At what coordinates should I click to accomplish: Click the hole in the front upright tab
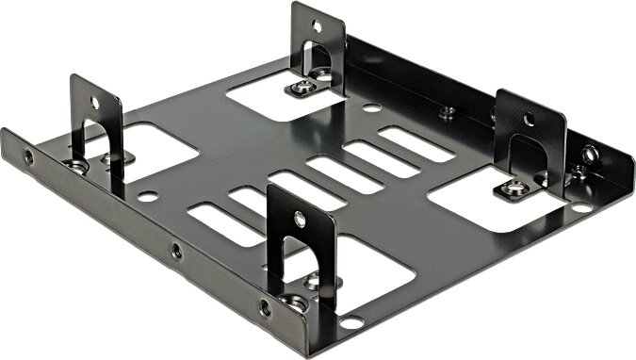point(300,219)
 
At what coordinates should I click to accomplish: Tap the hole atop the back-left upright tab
point(315,27)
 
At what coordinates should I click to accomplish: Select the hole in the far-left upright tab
point(95,103)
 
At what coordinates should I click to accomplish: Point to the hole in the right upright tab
point(529,120)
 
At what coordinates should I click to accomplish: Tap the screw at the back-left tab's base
point(303,87)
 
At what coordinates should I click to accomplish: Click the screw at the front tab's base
point(296,302)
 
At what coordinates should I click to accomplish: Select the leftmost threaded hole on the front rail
point(29,157)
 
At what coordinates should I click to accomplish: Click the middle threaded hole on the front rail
point(175,251)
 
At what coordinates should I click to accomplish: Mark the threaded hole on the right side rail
point(590,154)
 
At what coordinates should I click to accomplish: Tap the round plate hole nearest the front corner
point(351,323)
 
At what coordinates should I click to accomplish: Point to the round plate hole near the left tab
point(147,197)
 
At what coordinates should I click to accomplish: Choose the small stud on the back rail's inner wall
point(447,111)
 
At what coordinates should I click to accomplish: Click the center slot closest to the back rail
point(416,143)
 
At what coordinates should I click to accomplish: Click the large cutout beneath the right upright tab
point(485,203)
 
